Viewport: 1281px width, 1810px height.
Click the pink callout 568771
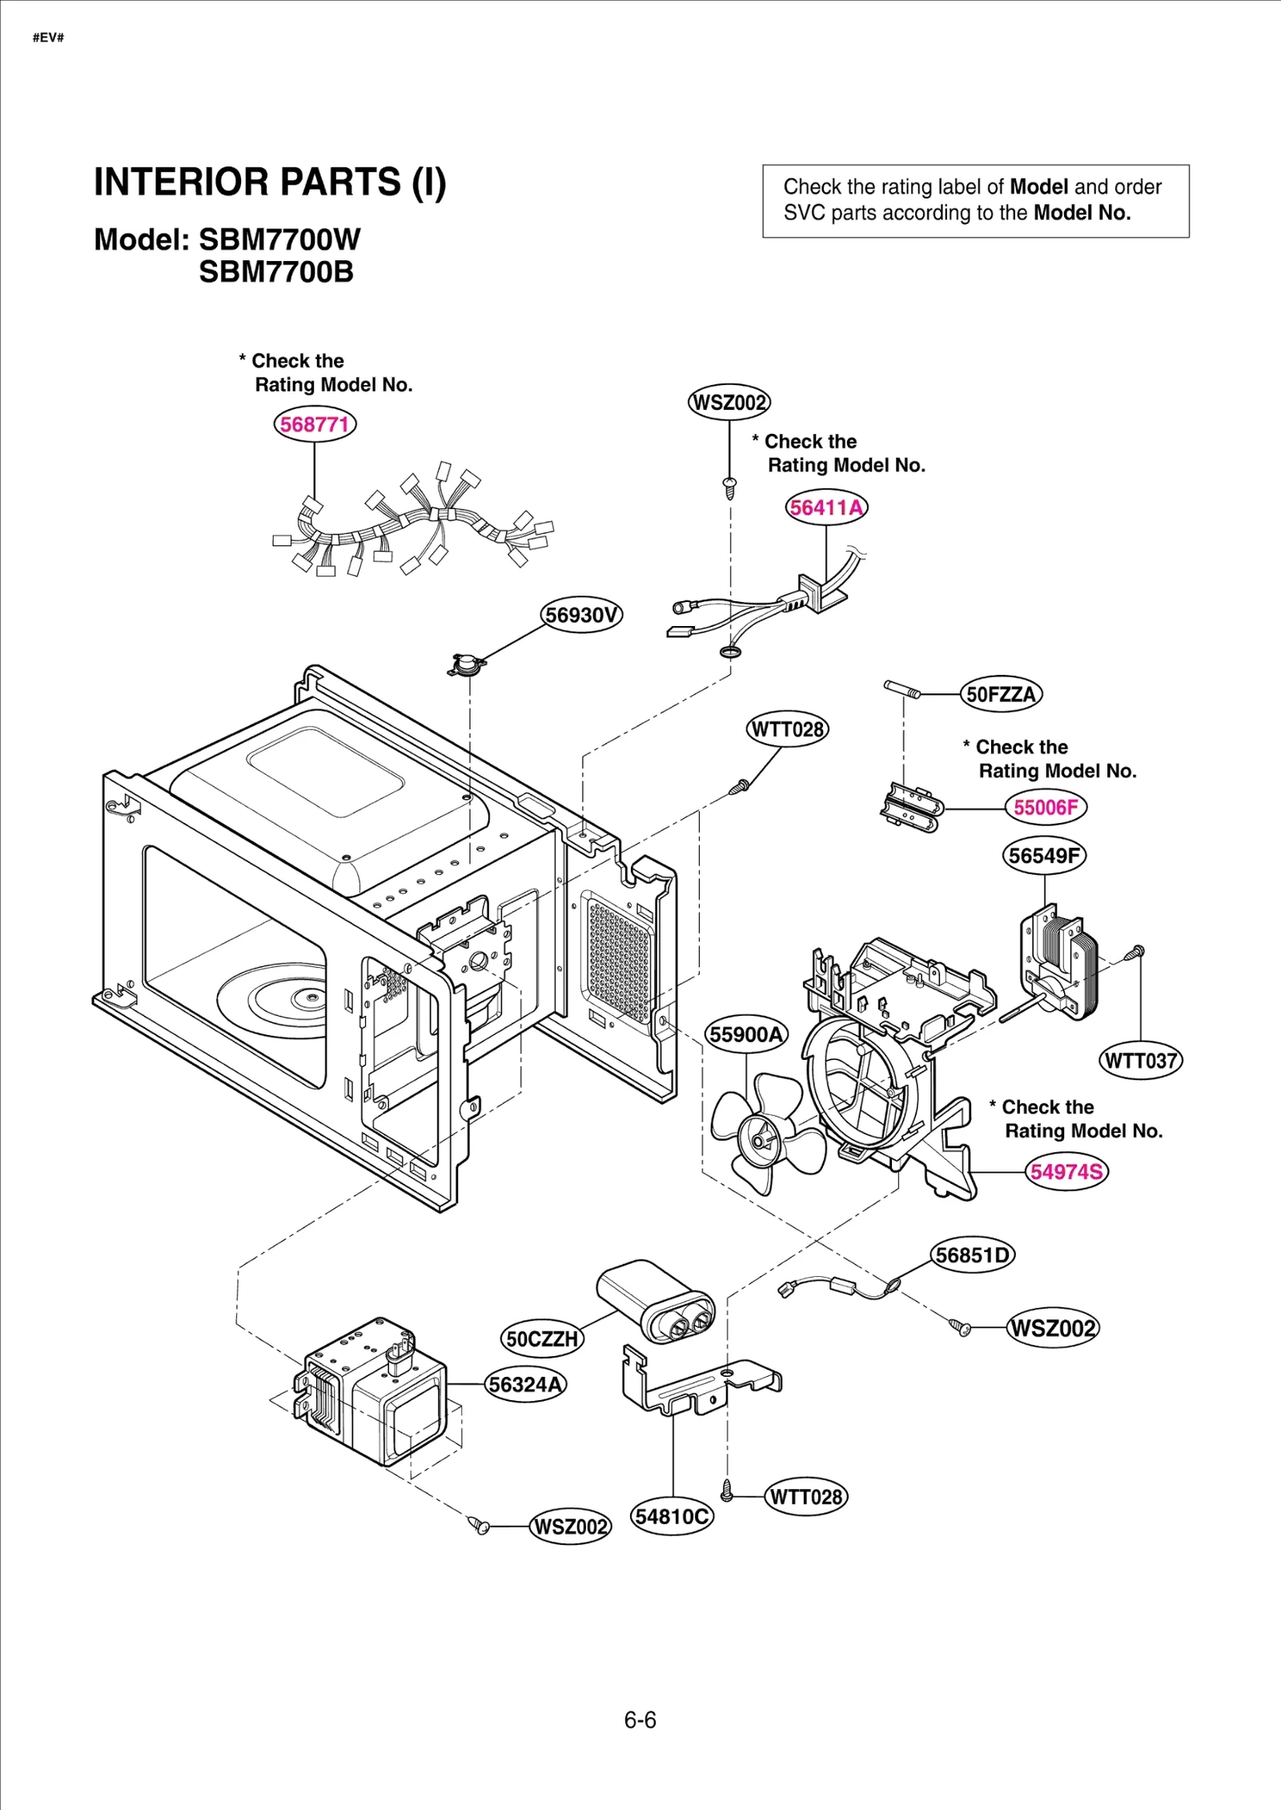coord(315,423)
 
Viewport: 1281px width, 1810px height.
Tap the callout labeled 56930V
coord(581,614)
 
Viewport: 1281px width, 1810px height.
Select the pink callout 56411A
coord(826,508)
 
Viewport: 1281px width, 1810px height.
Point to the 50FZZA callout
coord(1001,694)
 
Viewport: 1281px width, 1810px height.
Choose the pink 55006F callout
coord(1046,807)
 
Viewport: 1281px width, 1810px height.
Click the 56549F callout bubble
coord(1044,855)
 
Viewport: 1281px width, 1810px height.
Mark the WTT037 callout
coord(1140,1061)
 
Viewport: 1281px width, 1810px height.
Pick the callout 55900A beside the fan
coord(746,1034)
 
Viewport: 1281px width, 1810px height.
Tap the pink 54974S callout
coord(1066,1172)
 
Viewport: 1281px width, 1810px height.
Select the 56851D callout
coord(973,1254)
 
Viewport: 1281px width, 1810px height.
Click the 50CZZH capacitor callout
coord(542,1338)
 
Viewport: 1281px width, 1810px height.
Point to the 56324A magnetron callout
coord(526,1384)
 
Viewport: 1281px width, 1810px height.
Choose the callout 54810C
coord(672,1516)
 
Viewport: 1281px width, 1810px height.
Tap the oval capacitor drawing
coord(655,1300)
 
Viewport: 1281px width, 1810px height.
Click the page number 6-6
coord(640,1720)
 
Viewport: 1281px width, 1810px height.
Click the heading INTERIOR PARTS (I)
coord(270,182)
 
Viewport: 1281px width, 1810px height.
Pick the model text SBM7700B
coord(276,272)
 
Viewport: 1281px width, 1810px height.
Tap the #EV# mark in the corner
coord(48,38)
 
